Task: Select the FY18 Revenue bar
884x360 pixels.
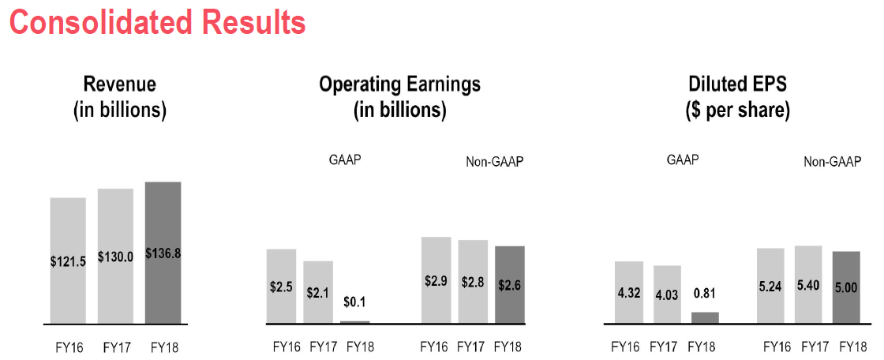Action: point(163,253)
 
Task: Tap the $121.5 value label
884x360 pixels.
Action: point(68,261)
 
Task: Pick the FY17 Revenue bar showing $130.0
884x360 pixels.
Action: point(115,256)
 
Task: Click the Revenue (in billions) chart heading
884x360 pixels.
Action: point(119,98)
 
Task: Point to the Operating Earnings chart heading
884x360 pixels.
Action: point(399,98)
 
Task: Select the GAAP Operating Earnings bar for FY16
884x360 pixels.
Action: point(281,287)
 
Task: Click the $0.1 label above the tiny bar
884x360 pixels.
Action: point(354,302)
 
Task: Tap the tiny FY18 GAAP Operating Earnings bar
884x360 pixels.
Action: point(354,322)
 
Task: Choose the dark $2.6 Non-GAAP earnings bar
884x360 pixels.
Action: point(510,285)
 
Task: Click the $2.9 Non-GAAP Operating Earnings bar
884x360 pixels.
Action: point(436,280)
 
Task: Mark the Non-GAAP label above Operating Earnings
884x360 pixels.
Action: point(494,163)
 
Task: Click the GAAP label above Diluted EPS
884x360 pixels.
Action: point(683,159)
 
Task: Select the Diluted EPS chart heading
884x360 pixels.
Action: point(737,98)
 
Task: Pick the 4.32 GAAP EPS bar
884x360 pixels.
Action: point(628,293)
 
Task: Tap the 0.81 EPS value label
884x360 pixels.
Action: point(706,294)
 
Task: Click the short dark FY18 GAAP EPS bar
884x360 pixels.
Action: point(706,318)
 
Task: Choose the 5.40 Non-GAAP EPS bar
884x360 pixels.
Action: point(809,285)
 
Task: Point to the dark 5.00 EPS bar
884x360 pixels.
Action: point(846,288)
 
